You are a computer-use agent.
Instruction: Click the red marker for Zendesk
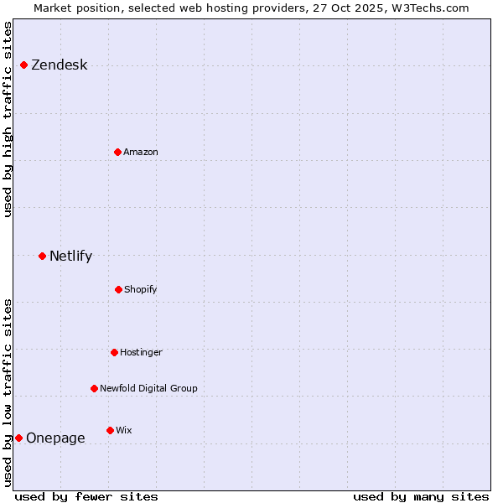pos(23,65)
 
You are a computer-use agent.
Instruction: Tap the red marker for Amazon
pos(117,152)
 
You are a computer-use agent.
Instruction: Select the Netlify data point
pos(42,256)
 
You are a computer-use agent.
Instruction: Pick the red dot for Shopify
pos(118,289)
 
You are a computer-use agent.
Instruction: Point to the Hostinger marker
pos(114,352)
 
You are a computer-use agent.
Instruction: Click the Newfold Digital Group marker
pos(94,388)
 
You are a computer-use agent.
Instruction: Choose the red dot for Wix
pos(110,430)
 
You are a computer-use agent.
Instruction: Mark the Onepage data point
pos(18,438)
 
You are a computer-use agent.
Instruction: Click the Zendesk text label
pos(59,65)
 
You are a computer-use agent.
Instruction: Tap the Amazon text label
pos(141,152)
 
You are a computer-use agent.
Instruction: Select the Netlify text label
pos(70,256)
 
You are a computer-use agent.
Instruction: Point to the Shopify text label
pos(141,289)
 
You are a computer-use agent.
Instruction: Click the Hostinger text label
pos(141,352)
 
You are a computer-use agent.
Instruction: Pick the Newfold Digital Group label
pos(148,388)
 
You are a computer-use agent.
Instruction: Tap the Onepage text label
pos(55,438)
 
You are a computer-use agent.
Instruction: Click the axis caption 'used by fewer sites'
pos(86,496)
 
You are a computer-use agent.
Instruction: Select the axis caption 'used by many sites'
pos(421,496)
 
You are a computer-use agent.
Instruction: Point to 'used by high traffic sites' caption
pos(8,119)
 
